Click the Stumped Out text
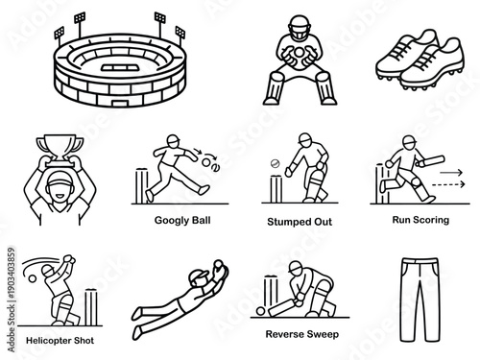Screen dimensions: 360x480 [x=300, y=221]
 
